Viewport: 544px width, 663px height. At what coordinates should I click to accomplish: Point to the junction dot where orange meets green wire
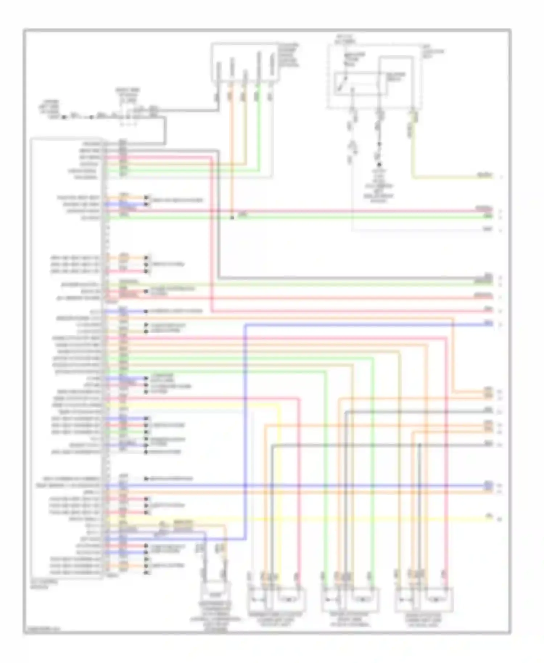[x=232, y=218]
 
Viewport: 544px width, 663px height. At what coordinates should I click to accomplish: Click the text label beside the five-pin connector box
[x=289, y=55]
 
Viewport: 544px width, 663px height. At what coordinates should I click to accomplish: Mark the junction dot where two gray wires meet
[x=420, y=445]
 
